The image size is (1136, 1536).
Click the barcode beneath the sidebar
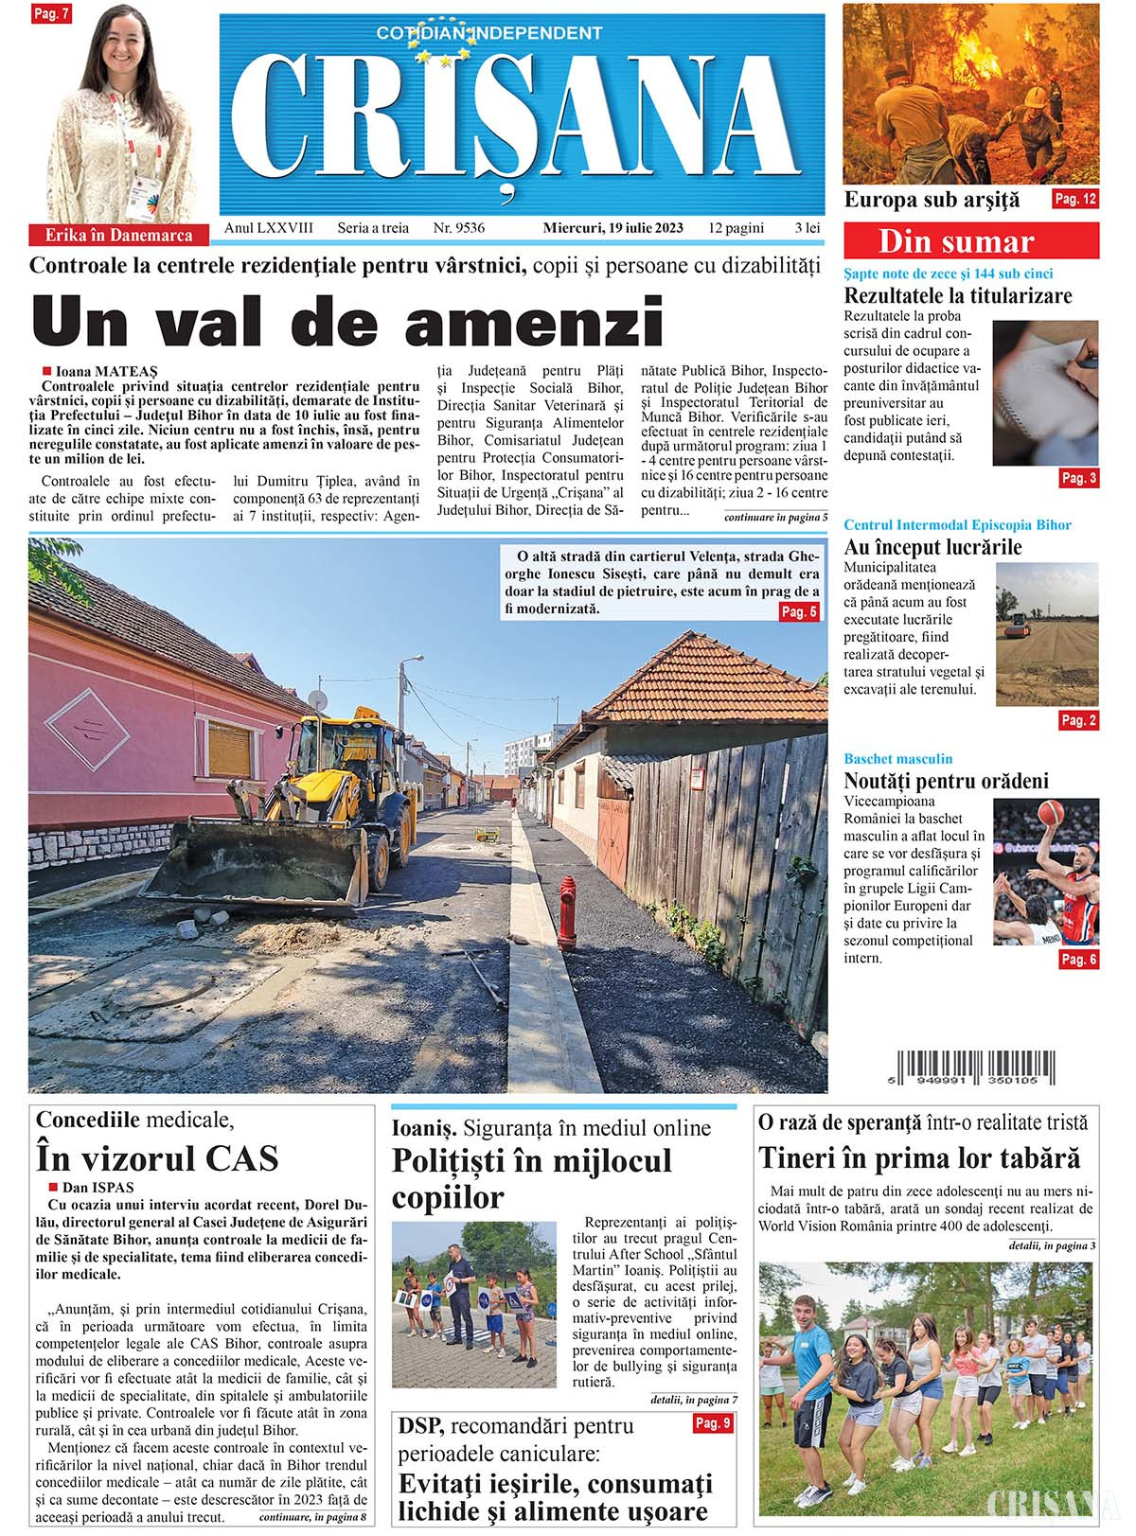(x=976, y=1067)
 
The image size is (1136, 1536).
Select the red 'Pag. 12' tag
(x=1075, y=199)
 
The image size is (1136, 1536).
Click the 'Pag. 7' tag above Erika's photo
(x=51, y=14)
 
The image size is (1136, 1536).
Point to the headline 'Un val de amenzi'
(x=347, y=320)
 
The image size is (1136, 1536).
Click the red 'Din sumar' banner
(x=971, y=241)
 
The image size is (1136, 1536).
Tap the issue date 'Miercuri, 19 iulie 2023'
(x=612, y=228)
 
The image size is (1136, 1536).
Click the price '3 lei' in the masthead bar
(x=808, y=228)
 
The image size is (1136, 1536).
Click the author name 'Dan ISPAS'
(x=98, y=1187)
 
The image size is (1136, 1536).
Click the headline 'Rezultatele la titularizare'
(x=958, y=295)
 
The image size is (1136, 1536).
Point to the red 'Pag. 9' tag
(x=713, y=1422)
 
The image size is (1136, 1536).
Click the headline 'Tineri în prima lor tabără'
(x=918, y=1157)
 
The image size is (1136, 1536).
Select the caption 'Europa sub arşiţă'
(x=932, y=200)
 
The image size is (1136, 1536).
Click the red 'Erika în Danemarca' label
(x=118, y=236)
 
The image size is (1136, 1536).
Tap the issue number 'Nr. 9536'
(x=458, y=228)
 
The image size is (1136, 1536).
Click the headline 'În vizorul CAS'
(x=157, y=1157)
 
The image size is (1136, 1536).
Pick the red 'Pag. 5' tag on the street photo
(x=799, y=612)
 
